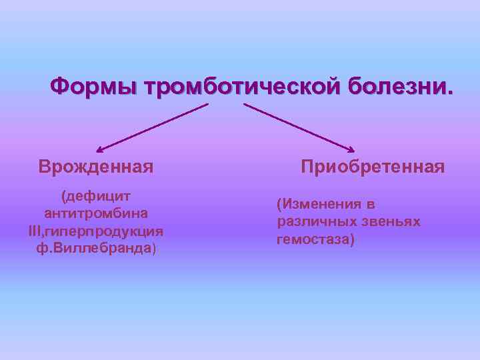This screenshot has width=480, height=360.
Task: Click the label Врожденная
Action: point(96,166)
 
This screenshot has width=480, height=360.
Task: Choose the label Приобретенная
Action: point(373,166)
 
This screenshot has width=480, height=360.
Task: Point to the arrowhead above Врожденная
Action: point(99,151)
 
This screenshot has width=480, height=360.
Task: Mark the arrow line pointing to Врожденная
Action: point(153,127)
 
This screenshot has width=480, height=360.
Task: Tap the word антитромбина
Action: point(95,214)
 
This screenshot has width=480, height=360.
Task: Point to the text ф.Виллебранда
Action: point(95,248)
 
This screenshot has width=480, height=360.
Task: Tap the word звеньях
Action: point(389,221)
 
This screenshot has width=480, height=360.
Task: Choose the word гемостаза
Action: point(313,239)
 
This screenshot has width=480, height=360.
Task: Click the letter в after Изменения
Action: point(370,205)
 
